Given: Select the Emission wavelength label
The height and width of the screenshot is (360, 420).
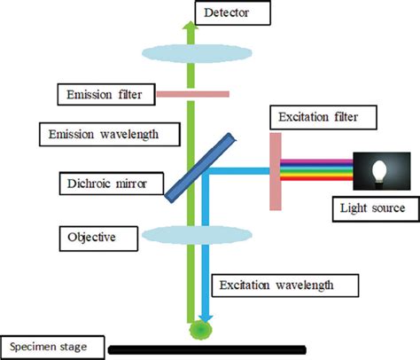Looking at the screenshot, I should [x=113, y=134].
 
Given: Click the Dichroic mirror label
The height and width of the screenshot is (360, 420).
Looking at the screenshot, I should [x=103, y=184].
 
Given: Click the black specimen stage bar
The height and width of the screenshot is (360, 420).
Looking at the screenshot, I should [x=207, y=348].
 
